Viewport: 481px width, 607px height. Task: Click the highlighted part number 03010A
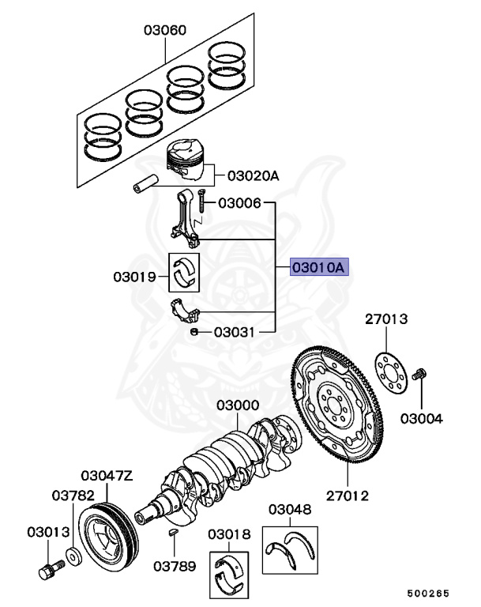[x=319, y=268]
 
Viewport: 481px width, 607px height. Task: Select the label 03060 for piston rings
[x=165, y=31]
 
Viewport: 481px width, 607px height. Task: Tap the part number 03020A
[x=253, y=176]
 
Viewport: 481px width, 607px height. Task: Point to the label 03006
[x=239, y=203]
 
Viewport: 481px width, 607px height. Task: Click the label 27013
[x=386, y=319]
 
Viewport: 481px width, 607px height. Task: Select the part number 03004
[x=421, y=418]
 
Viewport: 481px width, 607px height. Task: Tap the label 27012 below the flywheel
[x=348, y=496]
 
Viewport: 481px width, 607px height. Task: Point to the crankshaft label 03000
[x=238, y=405]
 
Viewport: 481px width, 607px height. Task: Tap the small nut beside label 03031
[x=194, y=333]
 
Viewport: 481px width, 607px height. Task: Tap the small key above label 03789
[x=174, y=534]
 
